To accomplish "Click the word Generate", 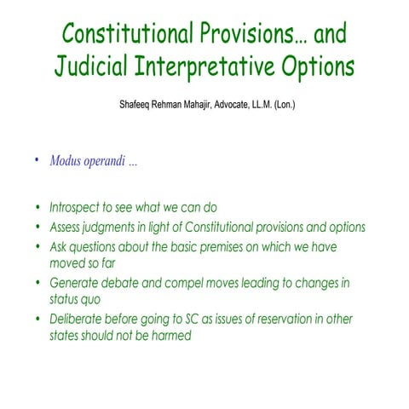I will point(75,282).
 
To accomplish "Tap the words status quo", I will point(77,300).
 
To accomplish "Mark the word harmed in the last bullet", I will point(169,337).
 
